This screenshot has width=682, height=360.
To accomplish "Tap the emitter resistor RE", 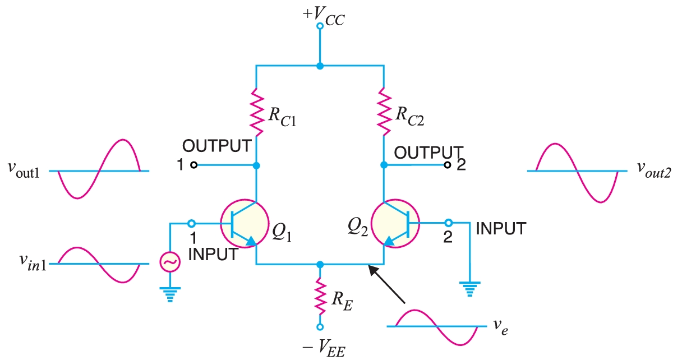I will point(320,297).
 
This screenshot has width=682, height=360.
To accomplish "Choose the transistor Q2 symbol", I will point(395,223).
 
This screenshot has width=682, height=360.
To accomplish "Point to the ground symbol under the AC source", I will point(168,293).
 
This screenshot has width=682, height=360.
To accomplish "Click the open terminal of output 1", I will point(193,165).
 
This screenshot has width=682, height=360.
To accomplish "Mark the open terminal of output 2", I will point(448,165).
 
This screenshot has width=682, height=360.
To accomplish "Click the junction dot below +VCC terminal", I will point(320,66).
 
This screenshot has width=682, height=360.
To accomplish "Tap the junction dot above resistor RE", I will point(320,264).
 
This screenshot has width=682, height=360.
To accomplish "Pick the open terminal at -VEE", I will point(320,327).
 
